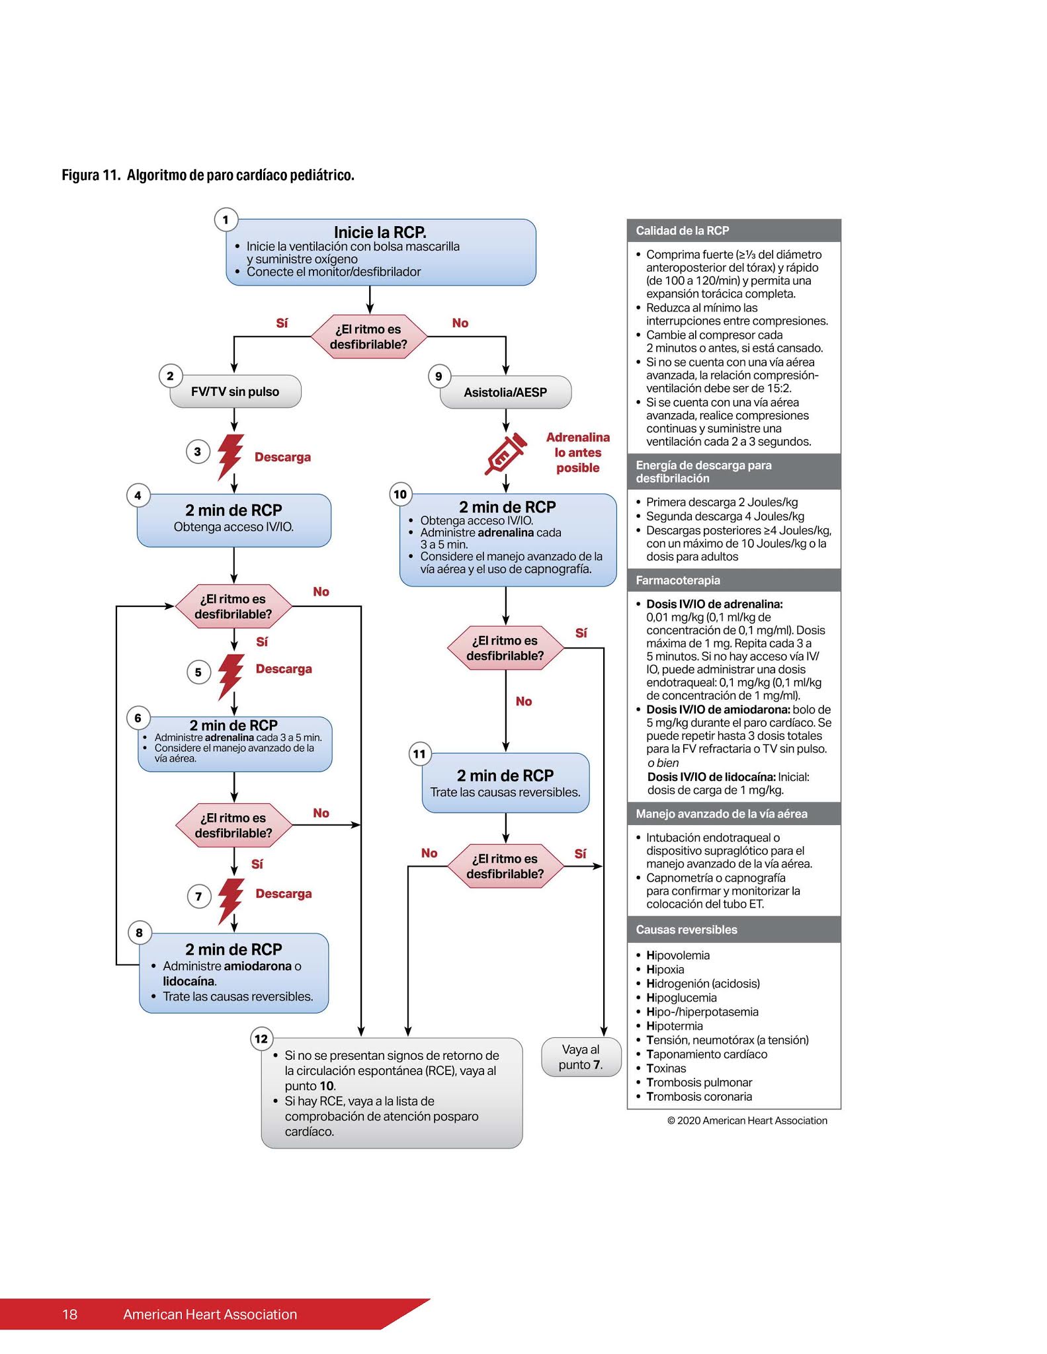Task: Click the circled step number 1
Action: (226, 219)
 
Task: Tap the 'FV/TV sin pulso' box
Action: (235, 391)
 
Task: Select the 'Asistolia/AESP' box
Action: (505, 392)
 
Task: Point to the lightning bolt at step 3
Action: (230, 456)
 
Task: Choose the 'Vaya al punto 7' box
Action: (580, 1056)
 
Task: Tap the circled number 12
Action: (261, 1039)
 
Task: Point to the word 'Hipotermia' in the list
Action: (674, 1025)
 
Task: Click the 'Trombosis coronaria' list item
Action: (698, 1096)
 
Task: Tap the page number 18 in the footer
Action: (70, 1314)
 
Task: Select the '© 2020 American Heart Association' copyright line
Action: (747, 1120)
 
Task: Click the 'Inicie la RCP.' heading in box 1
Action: (380, 232)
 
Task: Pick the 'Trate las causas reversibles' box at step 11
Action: (505, 783)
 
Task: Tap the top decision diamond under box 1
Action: (369, 337)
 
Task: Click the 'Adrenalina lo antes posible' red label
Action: (577, 452)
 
